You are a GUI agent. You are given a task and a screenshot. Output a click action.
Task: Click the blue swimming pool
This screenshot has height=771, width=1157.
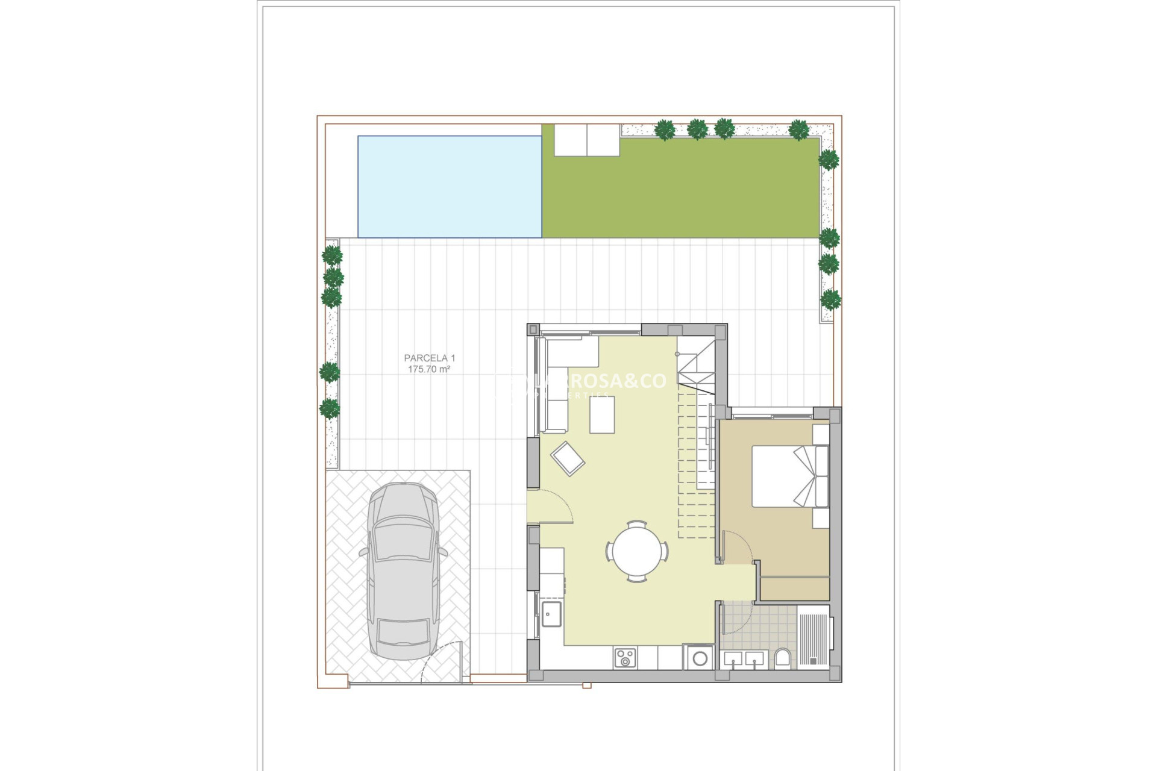tap(450, 187)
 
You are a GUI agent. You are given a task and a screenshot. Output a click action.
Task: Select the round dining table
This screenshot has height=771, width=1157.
tap(637, 551)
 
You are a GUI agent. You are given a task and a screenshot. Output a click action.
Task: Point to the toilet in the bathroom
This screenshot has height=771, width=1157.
tap(782, 658)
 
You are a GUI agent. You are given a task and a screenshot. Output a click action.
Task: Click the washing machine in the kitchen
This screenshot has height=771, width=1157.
tap(700, 658)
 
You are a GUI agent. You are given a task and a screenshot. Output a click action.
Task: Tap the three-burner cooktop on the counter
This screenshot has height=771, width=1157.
tap(624, 658)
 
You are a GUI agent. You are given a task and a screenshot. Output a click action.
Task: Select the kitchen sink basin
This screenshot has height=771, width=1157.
tap(551, 614)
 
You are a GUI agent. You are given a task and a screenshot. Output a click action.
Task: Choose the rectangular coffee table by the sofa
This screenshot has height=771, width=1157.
tap(602, 414)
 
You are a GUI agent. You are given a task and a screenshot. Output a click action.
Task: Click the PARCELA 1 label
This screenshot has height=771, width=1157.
tap(430, 358)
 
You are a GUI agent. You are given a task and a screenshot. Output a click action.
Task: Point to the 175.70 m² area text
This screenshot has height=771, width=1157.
tap(429, 369)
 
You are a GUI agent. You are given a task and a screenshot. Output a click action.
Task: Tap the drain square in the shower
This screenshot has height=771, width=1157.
tap(812, 661)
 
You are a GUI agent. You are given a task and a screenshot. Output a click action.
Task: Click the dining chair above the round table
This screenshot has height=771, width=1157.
tap(636, 525)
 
